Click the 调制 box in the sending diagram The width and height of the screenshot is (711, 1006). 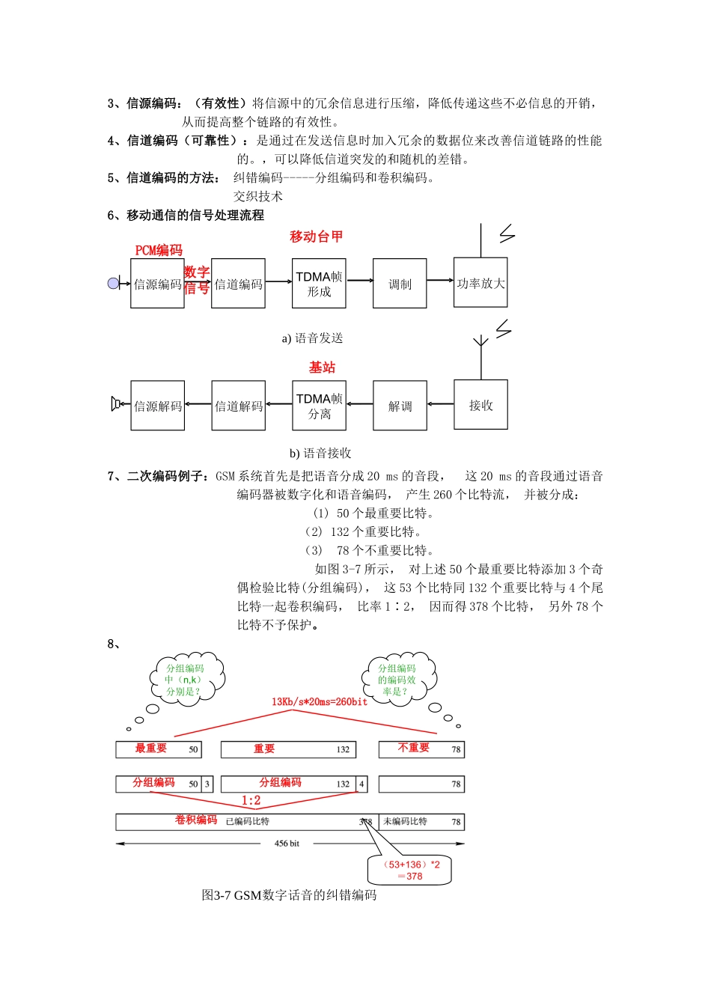pos(400,284)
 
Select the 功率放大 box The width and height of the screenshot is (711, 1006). pos(480,283)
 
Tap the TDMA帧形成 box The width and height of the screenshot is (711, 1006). pos(319,284)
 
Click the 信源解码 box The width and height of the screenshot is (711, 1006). pos(157,406)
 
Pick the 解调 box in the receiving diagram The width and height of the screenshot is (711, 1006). pos(400,406)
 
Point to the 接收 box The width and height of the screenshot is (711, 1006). pos(480,405)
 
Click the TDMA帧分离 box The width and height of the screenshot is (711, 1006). pos(319,406)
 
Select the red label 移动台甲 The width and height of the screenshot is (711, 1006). pos(316,237)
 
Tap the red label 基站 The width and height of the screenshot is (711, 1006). pos(322,368)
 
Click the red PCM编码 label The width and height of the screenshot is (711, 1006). pos(159,250)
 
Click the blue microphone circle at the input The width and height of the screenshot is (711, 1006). pos(113,283)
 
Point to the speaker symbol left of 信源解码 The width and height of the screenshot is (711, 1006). pos(115,404)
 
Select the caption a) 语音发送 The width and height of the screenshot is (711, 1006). pos(312,338)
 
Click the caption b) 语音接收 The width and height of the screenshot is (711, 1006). pos(320,453)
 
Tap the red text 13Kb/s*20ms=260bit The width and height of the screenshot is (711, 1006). pos(319,702)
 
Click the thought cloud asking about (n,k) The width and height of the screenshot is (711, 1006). pos(184,680)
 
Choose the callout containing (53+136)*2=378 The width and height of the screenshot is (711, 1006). pos(410,870)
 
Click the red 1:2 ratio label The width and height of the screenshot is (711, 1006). pos(251,801)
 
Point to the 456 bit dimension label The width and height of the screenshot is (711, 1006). pos(287,844)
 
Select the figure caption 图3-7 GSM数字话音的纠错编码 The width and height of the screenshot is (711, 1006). pos(289,895)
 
